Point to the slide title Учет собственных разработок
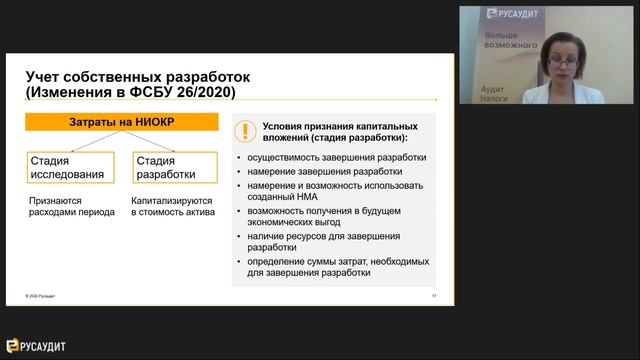click(137, 77)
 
